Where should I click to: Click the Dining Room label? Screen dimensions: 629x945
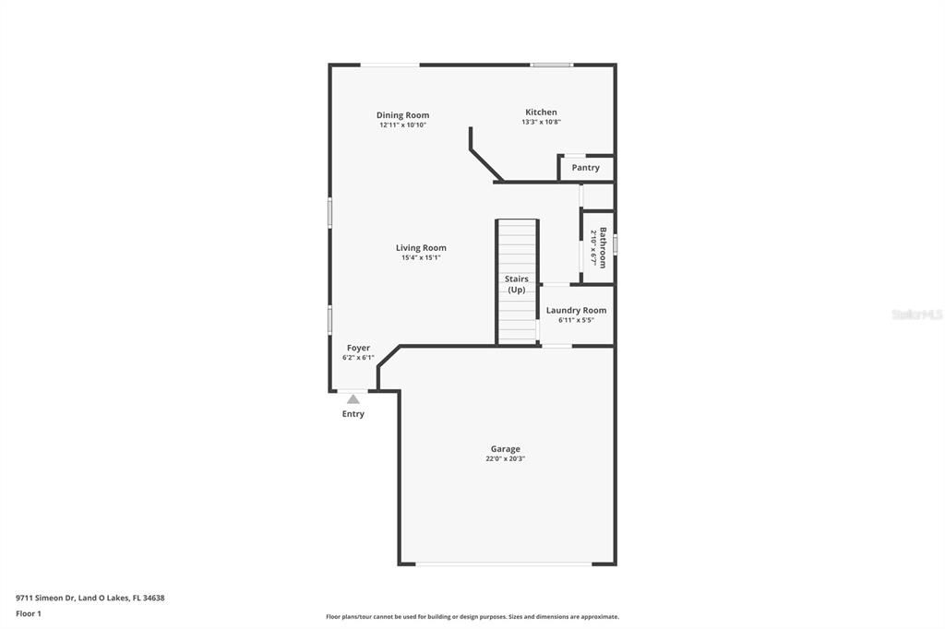pos(402,115)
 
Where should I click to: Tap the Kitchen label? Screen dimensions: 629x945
pos(541,112)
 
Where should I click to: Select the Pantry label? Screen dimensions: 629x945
pos(585,168)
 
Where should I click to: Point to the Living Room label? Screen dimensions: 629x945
pos(421,247)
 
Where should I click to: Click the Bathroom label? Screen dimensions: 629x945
pos(603,247)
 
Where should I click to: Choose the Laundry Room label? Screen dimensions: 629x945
pos(576,310)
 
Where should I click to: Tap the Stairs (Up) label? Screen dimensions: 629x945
pos(517,284)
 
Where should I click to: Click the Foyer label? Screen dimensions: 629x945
pos(358,348)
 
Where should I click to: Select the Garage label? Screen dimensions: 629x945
pos(505,449)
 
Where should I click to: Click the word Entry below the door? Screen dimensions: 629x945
pos(353,414)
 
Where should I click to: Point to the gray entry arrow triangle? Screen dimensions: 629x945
pos(353,399)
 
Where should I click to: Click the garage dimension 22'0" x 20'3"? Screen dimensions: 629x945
pos(505,459)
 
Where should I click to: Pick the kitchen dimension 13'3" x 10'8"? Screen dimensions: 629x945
pos(541,122)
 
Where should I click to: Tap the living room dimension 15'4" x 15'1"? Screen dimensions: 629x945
pos(421,258)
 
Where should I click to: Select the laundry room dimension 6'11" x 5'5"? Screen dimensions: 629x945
pos(576,320)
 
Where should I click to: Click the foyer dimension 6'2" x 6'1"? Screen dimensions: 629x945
pos(358,358)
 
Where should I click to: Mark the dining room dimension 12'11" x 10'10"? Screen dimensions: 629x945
pos(402,125)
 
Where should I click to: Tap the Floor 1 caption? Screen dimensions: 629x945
pos(29,613)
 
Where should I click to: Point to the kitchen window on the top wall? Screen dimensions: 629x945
pos(551,65)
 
